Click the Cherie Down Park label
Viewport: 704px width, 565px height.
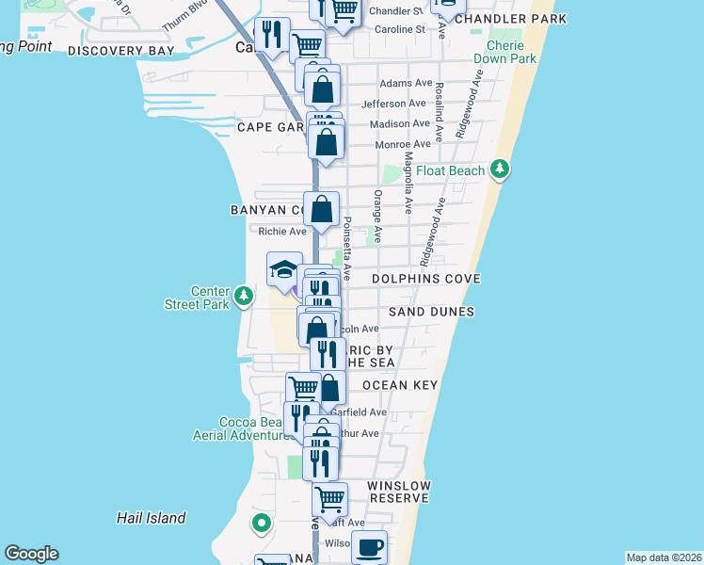click(512, 52)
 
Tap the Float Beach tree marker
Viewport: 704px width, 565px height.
click(501, 170)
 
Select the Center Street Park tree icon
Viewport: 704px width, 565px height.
click(244, 297)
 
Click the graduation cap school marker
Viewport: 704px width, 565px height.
click(284, 271)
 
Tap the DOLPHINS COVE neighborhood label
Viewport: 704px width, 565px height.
click(425, 279)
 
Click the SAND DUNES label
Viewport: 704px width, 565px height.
click(431, 312)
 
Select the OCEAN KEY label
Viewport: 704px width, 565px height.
click(400, 385)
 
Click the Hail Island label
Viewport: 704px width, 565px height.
click(151, 518)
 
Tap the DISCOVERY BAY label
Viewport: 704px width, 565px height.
click(121, 50)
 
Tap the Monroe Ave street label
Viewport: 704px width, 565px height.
click(402, 144)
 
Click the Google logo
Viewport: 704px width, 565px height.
click(31, 554)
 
